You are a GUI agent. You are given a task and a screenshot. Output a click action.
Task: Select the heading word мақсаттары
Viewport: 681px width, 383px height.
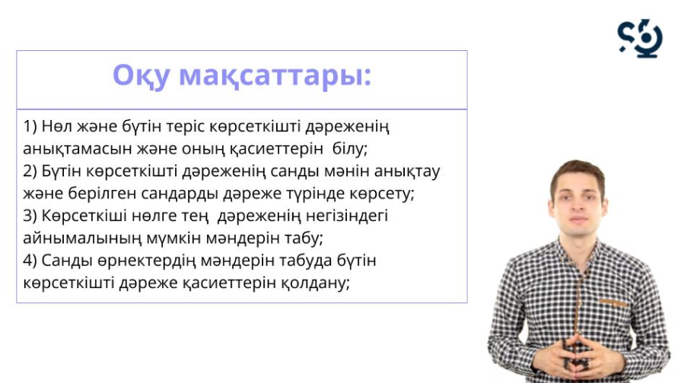click(x=275, y=76)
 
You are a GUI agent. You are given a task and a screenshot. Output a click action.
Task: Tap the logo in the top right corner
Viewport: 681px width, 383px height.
click(x=640, y=38)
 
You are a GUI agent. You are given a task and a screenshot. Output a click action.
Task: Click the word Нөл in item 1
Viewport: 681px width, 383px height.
click(x=57, y=127)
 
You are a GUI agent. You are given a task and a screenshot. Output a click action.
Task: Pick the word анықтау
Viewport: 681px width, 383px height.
click(x=407, y=172)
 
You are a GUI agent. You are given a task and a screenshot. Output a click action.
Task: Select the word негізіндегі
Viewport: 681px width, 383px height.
click(x=346, y=216)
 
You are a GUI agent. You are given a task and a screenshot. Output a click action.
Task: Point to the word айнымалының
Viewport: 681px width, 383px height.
click(x=82, y=239)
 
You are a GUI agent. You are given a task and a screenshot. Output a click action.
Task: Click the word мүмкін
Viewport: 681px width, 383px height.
click(x=173, y=239)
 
